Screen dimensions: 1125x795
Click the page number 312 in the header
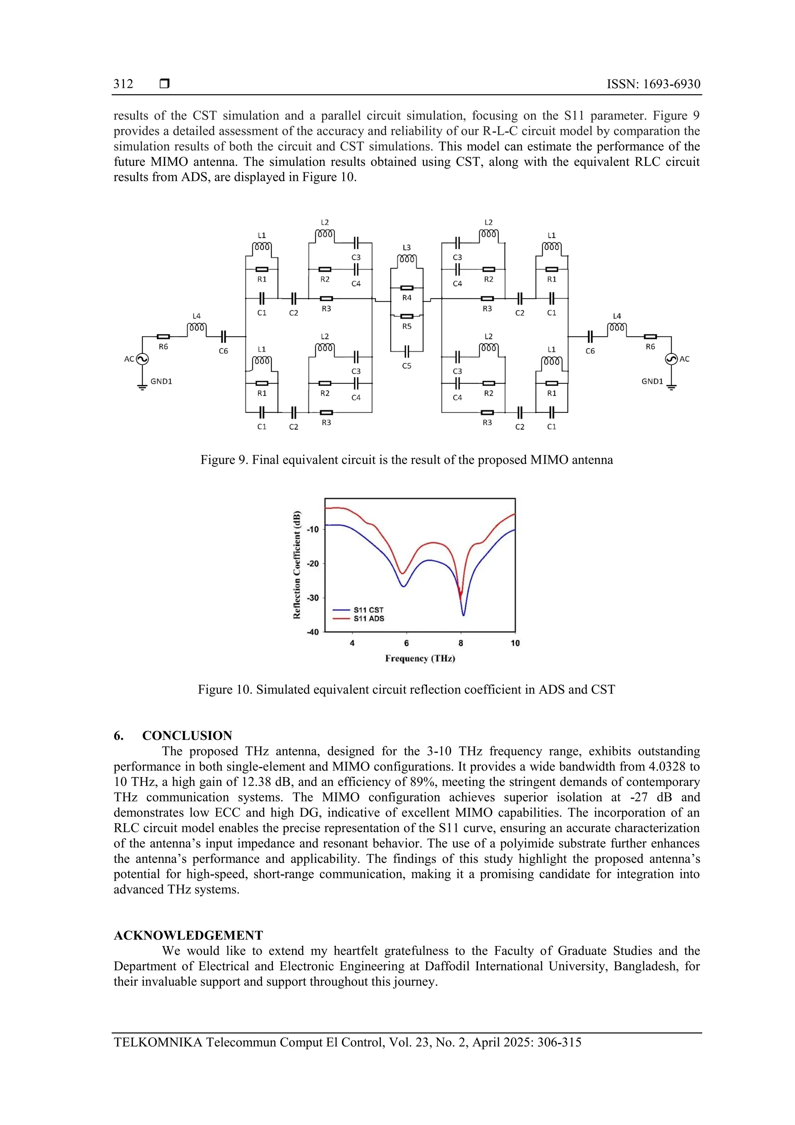123,84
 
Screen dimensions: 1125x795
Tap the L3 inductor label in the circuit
406,247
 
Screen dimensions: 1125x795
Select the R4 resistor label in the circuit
406,297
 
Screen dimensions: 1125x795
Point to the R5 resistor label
406,326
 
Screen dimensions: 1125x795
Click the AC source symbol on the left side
142,359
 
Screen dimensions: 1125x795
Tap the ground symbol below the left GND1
142,388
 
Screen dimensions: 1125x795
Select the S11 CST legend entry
368,610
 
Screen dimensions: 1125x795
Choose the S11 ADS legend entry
368,619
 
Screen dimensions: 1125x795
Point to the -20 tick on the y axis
312,563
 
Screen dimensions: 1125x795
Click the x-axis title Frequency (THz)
420,659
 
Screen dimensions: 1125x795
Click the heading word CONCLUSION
187,736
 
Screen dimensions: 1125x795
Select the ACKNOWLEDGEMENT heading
188,935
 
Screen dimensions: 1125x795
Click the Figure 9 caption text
406,460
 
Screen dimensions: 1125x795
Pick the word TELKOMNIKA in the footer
158,1042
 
